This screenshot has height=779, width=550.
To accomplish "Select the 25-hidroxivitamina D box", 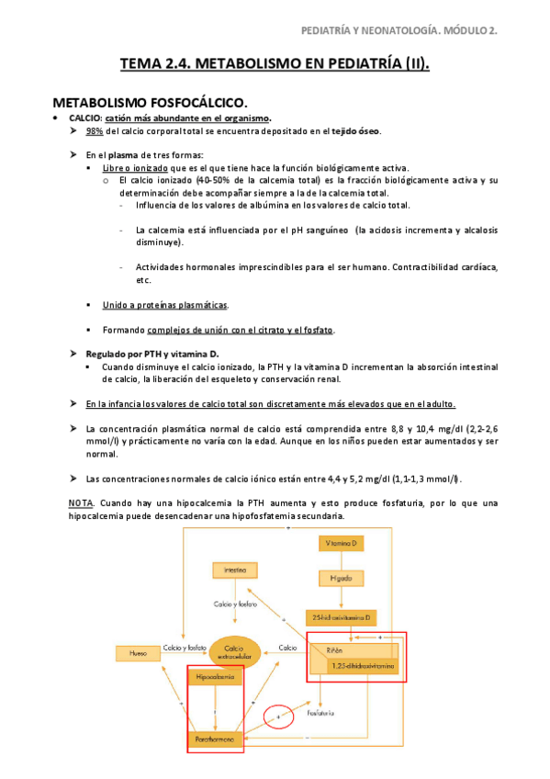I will click(x=341, y=615).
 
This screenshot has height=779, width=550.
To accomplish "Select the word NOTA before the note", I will click(x=81, y=503).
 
